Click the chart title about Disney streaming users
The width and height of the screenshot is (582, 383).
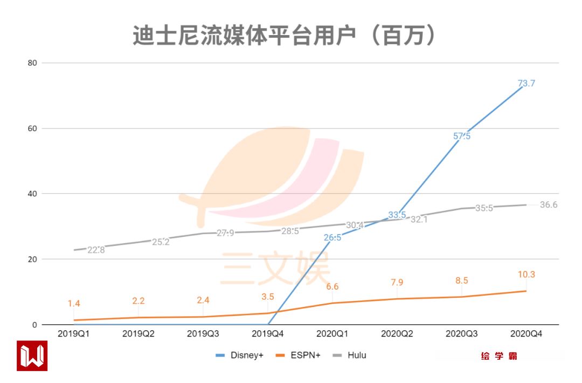(x=284, y=36)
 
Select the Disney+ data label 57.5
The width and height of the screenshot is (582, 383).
(x=462, y=136)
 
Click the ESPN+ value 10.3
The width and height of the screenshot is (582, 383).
(x=526, y=275)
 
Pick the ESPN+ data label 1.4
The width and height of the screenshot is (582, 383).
(x=74, y=304)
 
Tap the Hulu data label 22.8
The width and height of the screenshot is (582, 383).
(x=96, y=249)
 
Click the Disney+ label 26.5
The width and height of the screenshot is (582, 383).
(x=332, y=238)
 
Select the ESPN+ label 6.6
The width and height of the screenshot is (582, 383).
(x=332, y=286)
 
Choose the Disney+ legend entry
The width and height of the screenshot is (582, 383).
(x=240, y=355)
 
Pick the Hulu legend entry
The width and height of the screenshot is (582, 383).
(x=350, y=355)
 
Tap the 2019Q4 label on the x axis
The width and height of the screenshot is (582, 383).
(x=267, y=334)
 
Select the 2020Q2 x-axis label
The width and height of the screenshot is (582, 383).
(x=397, y=334)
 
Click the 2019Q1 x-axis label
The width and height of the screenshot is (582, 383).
(x=74, y=334)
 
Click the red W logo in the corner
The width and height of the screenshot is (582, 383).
(x=32, y=355)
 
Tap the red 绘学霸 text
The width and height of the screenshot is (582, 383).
(x=499, y=357)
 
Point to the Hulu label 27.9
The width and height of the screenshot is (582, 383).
(x=225, y=234)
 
